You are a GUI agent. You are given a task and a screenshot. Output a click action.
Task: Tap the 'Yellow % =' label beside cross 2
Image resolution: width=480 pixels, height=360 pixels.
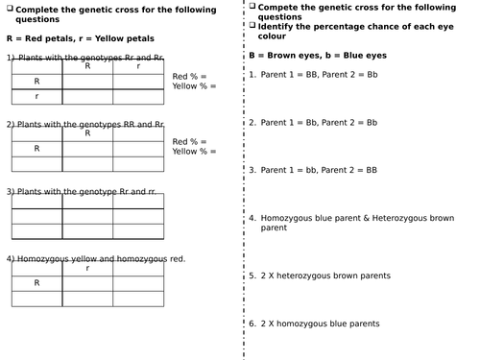coord(195,151)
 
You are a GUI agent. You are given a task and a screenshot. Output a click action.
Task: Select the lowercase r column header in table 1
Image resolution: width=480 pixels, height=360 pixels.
coord(138,67)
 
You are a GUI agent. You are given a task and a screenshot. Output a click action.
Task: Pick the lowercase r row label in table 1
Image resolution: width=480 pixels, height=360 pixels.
coord(36,96)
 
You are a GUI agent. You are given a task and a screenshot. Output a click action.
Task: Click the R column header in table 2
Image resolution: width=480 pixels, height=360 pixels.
coord(87,134)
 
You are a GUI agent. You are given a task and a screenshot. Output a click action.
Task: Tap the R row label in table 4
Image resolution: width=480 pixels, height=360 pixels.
coord(36,283)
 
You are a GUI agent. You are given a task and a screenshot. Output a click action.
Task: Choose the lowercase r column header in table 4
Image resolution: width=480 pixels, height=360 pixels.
coord(87,269)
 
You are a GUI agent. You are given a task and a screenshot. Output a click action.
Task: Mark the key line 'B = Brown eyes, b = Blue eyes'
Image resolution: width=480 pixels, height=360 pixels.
coord(311,56)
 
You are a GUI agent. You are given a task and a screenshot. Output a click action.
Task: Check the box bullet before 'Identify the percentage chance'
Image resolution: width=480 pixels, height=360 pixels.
coord(252,25)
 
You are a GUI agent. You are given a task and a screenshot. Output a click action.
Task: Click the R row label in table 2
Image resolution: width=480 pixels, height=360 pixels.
coord(36,149)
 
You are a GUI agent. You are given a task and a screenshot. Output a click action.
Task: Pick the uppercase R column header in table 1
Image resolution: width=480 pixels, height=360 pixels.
coord(87,67)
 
